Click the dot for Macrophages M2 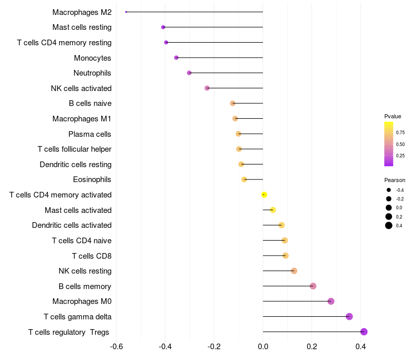click(126, 12)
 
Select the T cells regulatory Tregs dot click(364, 332)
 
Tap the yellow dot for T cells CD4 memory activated click(264, 194)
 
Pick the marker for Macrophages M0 click(331, 301)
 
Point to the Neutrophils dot click(189, 73)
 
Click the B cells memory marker click(313, 286)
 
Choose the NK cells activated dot click(207, 88)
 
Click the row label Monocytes click(92, 58)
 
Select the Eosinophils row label click(92, 179)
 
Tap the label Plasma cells click(90, 134)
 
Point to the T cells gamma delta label click(78, 317)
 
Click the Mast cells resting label click(82, 27)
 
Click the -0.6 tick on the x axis click(116, 346)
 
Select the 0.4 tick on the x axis click(361, 346)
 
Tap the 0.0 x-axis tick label click(263, 346)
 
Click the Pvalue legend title click(393, 116)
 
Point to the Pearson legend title click(395, 181)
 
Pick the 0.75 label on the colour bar click(400, 133)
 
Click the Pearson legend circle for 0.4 click(389, 225)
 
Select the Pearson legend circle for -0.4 click(389, 190)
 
